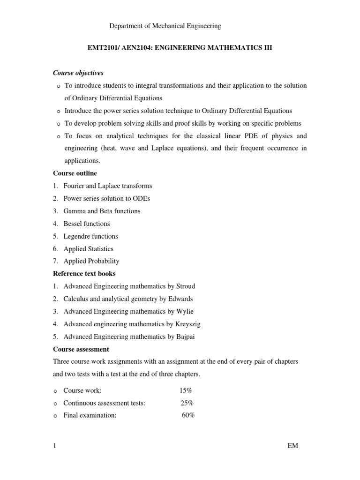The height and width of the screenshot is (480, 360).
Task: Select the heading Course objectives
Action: [78, 73]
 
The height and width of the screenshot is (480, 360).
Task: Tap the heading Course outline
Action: [75, 173]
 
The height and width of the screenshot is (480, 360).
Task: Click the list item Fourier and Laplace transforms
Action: [108, 186]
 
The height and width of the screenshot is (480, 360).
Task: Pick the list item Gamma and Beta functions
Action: [102, 211]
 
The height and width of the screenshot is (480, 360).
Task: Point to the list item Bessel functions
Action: [87, 224]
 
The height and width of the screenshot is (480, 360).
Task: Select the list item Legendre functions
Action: [90, 236]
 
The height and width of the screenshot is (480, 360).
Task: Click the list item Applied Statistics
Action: [88, 249]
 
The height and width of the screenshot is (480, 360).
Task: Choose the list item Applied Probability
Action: [91, 261]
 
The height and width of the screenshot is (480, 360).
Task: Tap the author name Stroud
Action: [185, 286]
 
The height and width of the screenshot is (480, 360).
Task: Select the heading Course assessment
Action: [81, 349]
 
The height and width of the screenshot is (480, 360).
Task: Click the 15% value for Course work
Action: [185, 390]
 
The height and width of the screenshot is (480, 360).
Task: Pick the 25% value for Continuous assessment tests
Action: [187, 403]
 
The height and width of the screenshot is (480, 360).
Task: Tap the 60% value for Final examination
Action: [188, 415]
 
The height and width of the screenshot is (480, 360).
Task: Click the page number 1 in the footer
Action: [55, 446]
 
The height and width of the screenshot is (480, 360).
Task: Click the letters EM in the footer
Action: [293, 446]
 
